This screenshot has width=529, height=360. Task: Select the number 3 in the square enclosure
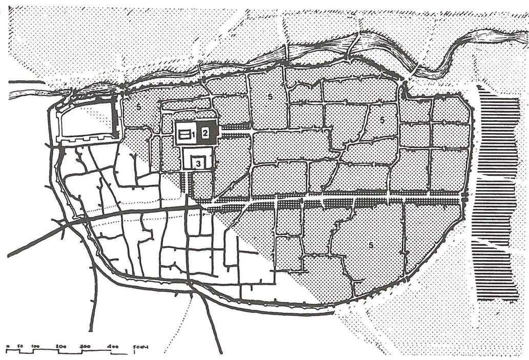coord(198,163)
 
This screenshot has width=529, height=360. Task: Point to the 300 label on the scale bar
coord(86,346)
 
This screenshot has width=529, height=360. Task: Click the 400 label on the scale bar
coord(113,346)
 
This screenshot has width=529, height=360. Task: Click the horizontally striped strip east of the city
coord(496,195)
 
